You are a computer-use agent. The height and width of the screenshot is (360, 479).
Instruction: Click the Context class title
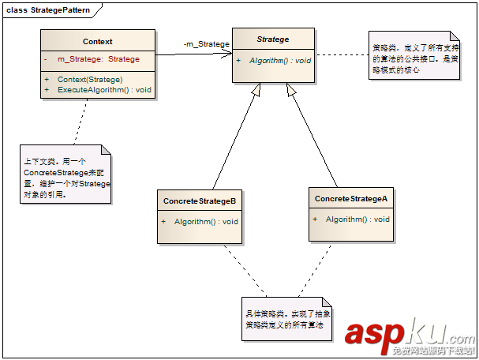[97, 42]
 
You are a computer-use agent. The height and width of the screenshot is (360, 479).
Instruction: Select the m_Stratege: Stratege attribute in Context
[98, 59]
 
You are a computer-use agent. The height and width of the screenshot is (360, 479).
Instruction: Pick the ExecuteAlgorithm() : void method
[103, 90]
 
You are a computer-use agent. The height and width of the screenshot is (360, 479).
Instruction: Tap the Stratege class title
[273, 39]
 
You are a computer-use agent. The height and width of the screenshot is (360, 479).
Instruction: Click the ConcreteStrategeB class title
[200, 201]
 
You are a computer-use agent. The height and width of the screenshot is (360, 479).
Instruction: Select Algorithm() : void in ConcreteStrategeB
[205, 221]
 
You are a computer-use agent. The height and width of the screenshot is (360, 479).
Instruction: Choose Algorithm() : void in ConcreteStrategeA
[357, 219]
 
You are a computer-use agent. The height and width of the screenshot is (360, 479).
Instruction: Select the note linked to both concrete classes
[286, 318]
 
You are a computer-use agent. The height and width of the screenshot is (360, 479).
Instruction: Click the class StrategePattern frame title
[48, 9]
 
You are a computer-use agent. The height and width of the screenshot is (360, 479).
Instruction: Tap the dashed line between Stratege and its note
[342, 55]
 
